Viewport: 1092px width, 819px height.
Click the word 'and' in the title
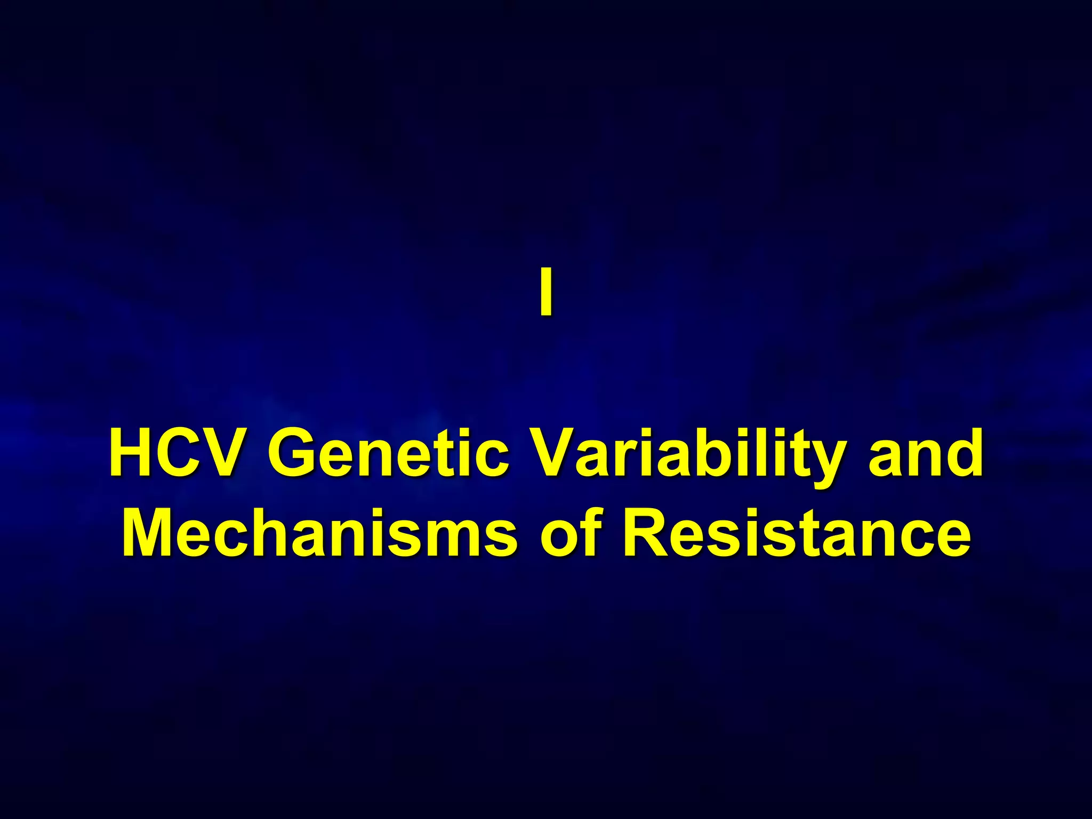click(x=926, y=454)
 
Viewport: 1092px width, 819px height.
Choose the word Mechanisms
click(x=320, y=533)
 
